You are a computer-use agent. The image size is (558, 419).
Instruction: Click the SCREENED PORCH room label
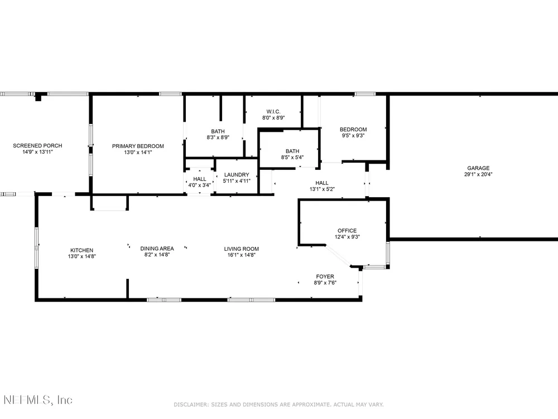[x=37, y=145]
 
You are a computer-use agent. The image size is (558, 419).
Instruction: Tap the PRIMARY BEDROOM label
[x=138, y=146]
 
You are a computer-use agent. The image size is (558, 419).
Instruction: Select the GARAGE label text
[x=478, y=168]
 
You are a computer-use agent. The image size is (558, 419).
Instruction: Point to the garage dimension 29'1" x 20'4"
[x=478, y=174]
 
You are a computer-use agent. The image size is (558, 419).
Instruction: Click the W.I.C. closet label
[x=273, y=112]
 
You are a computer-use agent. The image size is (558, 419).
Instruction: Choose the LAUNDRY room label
[x=237, y=174]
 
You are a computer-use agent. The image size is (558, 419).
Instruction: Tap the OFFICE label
[x=347, y=231]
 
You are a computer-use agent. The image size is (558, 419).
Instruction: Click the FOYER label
[x=325, y=277]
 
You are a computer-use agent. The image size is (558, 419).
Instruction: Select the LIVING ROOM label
[x=242, y=249]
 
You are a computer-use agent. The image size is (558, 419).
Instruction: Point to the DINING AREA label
[x=157, y=249]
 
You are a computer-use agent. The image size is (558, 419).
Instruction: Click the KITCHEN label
[x=82, y=250]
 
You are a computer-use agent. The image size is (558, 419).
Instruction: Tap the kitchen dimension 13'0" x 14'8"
[x=82, y=256]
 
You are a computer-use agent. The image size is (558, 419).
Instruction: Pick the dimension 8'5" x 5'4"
[x=292, y=157]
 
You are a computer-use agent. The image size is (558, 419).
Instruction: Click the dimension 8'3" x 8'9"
[x=218, y=137]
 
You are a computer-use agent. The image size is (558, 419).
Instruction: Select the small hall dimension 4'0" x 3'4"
[x=200, y=185]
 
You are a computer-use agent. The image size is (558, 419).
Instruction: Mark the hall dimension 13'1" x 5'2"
[x=322, y=189]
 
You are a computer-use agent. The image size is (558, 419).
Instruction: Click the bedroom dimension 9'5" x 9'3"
[x=353, y=135]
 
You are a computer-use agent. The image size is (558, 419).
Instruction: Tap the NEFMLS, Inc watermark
[x=38, y=400]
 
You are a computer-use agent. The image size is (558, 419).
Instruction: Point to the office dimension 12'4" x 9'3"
[x=347, y=236]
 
